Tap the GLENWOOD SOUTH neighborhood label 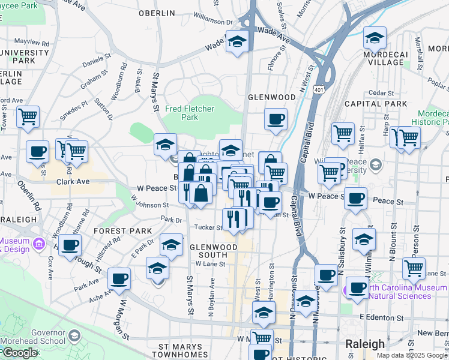pyautogui.click(x=208, y=251)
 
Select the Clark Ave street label pyautogui.click(x=73, y=181)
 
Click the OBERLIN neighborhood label pyautogui.click(x=156, y=13)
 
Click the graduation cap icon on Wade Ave pyautogui.click(x=237, y=42)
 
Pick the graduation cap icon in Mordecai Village pyautogui.click(x=375, y=39)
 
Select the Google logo pyautogui.click(x=19, y=353)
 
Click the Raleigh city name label pyautogui.click(x=364, y=344)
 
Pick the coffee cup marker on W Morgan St pyautogui.click(x=119, y=279)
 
